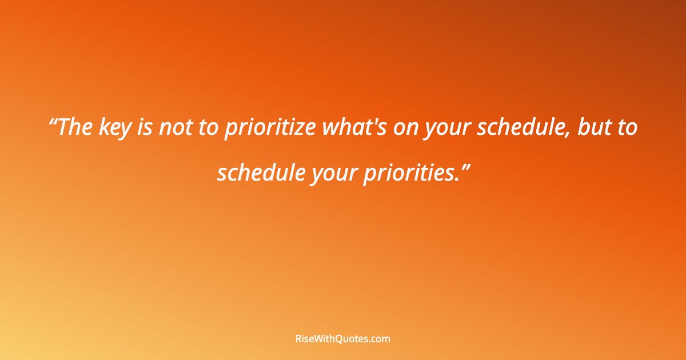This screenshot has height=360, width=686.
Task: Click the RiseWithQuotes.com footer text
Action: click(x=342, y=339)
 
